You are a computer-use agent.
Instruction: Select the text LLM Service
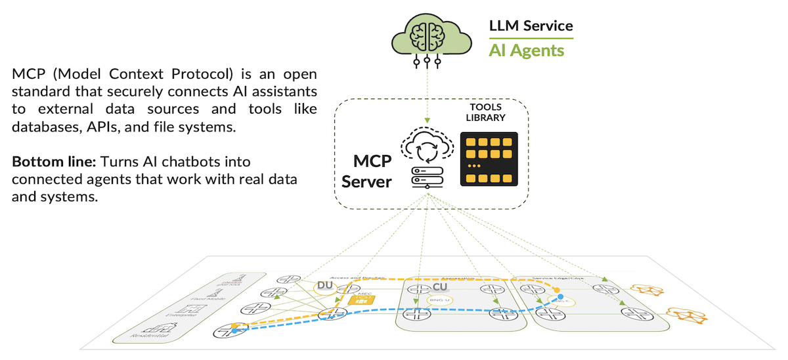point(531,26)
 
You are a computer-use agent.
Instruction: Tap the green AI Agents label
point(526,50)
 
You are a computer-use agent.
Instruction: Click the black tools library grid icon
point(489,159)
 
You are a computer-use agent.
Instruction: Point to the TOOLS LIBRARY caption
point(487,113)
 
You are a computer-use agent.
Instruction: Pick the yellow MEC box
point(360,300)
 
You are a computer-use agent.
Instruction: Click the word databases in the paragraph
point(46,127)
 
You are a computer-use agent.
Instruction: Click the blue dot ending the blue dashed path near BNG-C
point(561,297)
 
